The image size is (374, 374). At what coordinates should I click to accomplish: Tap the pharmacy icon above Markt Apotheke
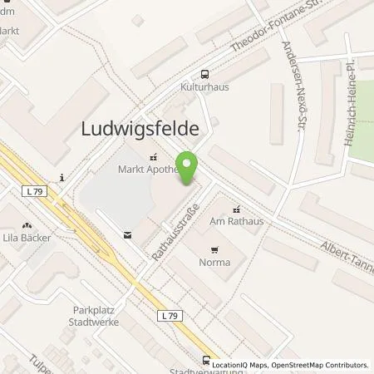(153, 156)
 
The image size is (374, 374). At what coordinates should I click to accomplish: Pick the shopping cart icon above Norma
(215, 249)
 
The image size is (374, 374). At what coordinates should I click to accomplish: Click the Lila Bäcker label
(27, 238)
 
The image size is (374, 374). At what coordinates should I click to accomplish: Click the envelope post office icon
(126, 235)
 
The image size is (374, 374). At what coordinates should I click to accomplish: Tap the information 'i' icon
(63, 177)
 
